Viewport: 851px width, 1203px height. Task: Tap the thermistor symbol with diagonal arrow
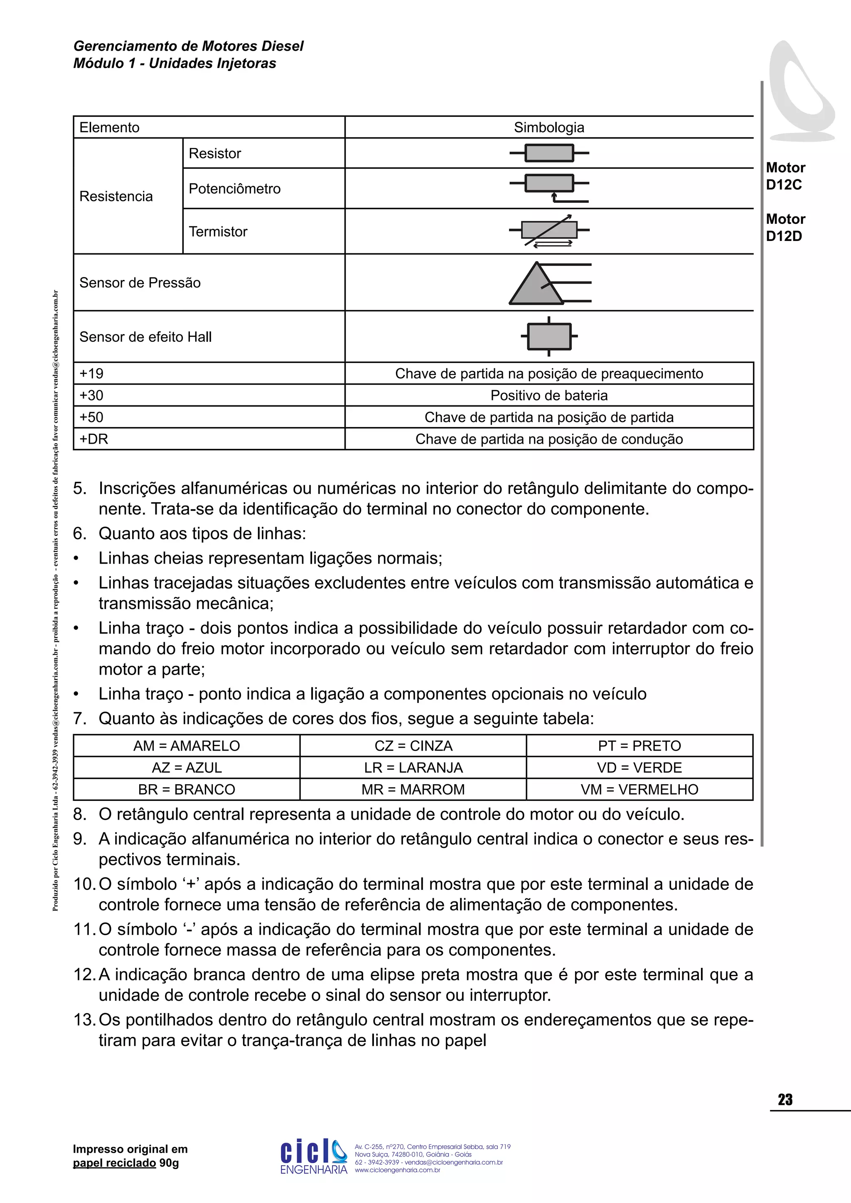point(549,231)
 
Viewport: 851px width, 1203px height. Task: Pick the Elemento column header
point(110,128)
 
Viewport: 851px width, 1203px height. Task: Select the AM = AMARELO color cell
point(187,746)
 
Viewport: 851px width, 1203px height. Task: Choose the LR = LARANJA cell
point(413,768)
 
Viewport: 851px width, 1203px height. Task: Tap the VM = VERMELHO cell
point(639,790)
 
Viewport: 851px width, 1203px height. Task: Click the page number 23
point(785,1100)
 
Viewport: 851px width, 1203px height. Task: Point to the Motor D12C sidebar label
point(785,176)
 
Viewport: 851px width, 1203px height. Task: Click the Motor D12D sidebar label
point(785,227)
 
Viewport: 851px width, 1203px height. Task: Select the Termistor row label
point(218,232)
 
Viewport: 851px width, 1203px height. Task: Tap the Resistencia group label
point(116,196)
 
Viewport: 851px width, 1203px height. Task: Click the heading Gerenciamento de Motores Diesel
point(188,46)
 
